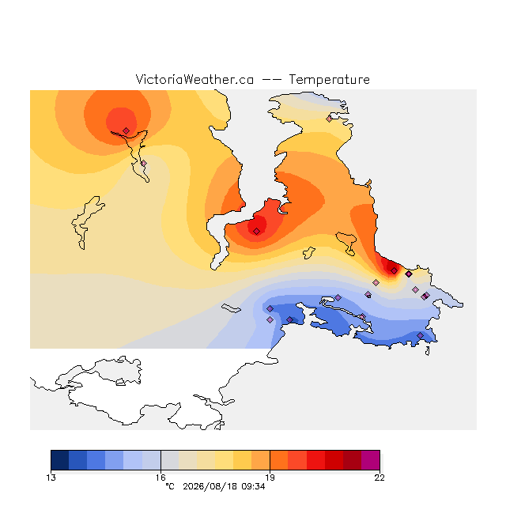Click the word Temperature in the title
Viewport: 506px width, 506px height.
click(x=329, y=79)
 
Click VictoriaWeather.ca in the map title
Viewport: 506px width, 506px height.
click(x=194, y=79)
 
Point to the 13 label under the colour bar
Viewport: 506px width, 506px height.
click(x=51, y=478)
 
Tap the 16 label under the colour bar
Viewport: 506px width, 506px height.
click(x=160, y=478)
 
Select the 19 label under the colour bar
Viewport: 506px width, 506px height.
click(x=270, y=478)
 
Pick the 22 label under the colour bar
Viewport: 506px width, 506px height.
click(x=379, y=478)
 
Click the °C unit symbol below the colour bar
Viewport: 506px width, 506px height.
click(x=170, y=486)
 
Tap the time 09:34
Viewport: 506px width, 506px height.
click(x=253, y=486)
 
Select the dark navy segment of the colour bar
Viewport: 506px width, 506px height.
click(x=60, y=460)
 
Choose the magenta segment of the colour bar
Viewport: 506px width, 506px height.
click(x=371, y=460)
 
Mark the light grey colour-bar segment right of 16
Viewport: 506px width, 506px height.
click(x=170, y=460)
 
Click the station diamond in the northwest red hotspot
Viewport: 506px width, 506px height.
click(x=126, y=130)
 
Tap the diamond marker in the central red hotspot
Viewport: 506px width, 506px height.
click(x=256, y=232)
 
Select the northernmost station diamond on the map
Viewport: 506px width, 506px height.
click(x=329, y=119)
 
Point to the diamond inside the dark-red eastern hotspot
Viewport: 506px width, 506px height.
click(x=394, y=270)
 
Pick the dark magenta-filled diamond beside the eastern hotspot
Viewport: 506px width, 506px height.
click(x=409, y=274)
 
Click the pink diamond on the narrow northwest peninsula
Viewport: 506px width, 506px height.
click(x=144, y=164)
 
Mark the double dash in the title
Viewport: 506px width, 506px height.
click(x=271, y=80)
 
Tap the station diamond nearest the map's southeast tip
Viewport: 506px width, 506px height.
click(x=420, y=335)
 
